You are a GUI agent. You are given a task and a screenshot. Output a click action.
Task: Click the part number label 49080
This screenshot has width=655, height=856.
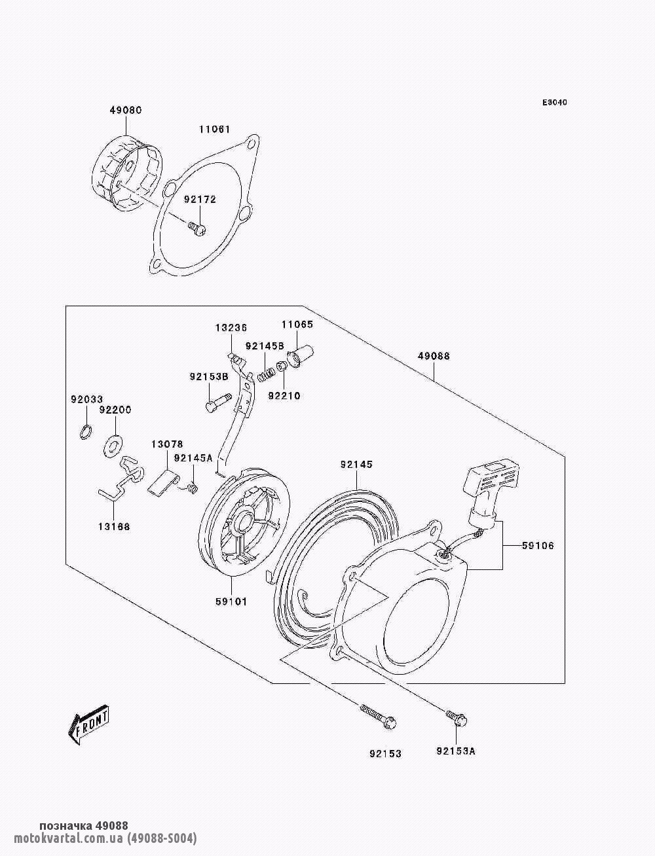125,110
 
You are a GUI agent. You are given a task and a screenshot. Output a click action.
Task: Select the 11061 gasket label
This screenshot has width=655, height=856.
215,129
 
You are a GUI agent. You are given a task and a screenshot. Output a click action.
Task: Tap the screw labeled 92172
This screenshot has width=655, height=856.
197,229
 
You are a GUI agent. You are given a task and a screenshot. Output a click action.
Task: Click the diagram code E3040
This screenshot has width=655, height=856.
554,103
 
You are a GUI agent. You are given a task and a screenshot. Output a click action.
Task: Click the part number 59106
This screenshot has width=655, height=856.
538,546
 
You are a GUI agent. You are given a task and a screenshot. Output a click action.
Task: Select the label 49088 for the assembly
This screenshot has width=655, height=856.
434,356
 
